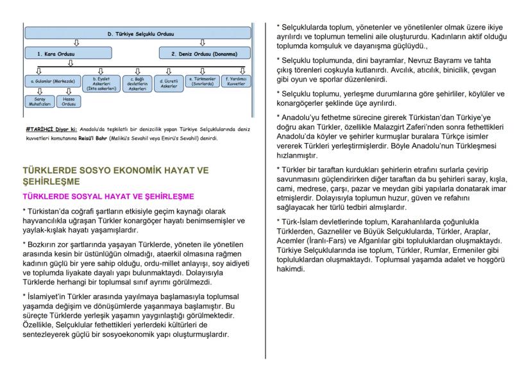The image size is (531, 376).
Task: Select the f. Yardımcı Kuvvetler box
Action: point(235,81)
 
